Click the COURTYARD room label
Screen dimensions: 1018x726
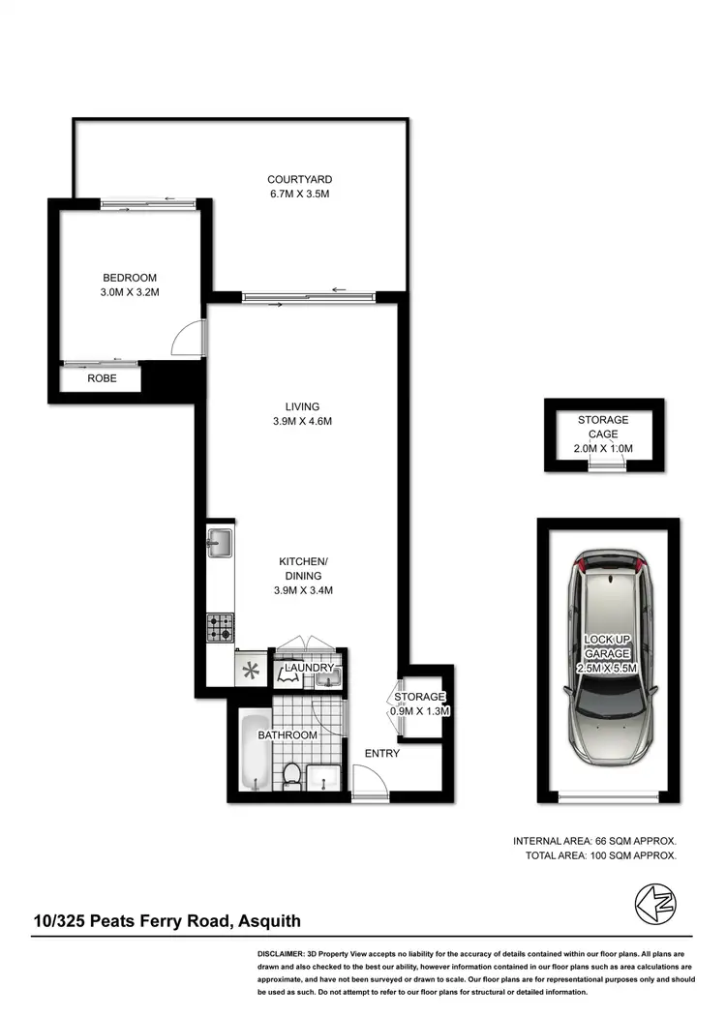tap(300, 179)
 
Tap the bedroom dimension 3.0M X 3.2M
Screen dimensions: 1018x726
tap(129, 292)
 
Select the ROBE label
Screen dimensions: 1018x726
tap(102, 378)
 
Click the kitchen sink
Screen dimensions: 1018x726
tap(219, 543)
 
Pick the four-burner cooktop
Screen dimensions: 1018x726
tap(219, 628)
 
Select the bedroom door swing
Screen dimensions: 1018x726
tap(186, 338)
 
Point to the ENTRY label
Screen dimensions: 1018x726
tap(381, 754)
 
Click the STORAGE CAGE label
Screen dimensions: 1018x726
tap(603, 427)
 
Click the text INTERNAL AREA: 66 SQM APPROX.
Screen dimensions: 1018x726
tap(594, 841)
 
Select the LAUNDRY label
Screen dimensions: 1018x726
tap(309, 668)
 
